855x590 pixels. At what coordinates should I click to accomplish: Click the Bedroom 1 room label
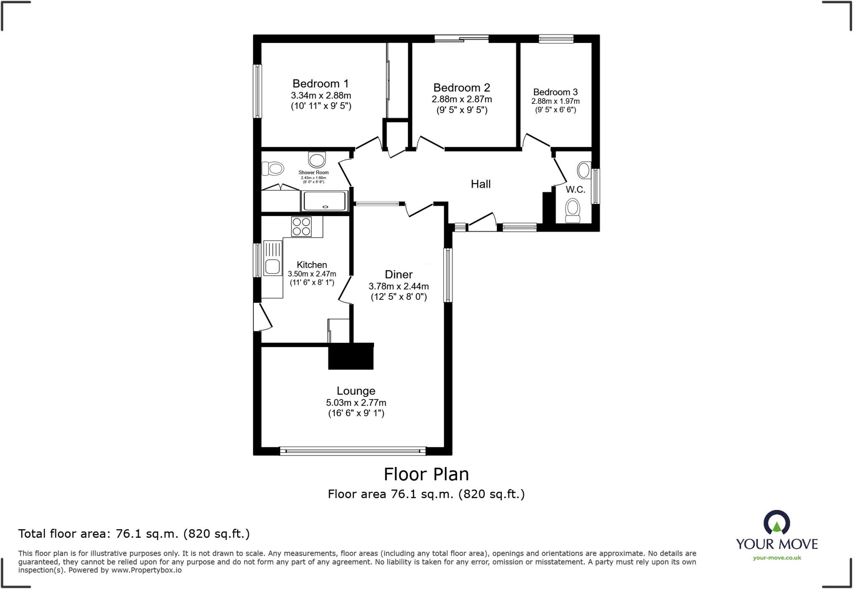320,84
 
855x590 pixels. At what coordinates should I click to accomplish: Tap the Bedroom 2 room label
461,88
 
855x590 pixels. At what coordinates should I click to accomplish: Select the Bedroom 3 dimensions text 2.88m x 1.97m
555,101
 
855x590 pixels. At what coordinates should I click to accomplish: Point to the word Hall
481,184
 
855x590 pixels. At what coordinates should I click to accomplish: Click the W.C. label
575,190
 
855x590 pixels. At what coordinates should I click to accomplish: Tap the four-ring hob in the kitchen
301,227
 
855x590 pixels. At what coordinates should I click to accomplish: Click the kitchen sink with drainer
273,258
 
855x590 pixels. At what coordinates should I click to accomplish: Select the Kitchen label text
312,265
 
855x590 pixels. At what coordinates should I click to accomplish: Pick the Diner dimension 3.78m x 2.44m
399,286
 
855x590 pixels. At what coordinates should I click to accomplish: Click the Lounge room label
356,391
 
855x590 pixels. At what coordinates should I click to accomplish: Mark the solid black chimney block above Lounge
351,357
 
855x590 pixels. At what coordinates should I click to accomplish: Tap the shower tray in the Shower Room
324,201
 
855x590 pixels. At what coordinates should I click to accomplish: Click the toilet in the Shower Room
273,168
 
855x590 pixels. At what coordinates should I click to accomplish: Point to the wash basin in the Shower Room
317,160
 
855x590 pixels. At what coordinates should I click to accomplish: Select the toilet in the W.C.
572,211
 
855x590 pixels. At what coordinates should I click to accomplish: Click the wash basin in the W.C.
584,171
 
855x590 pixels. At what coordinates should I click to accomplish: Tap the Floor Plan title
426,475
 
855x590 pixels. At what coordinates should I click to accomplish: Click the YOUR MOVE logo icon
777,522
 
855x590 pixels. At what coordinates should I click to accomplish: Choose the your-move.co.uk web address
777,558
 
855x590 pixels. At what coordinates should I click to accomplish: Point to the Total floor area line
134,534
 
